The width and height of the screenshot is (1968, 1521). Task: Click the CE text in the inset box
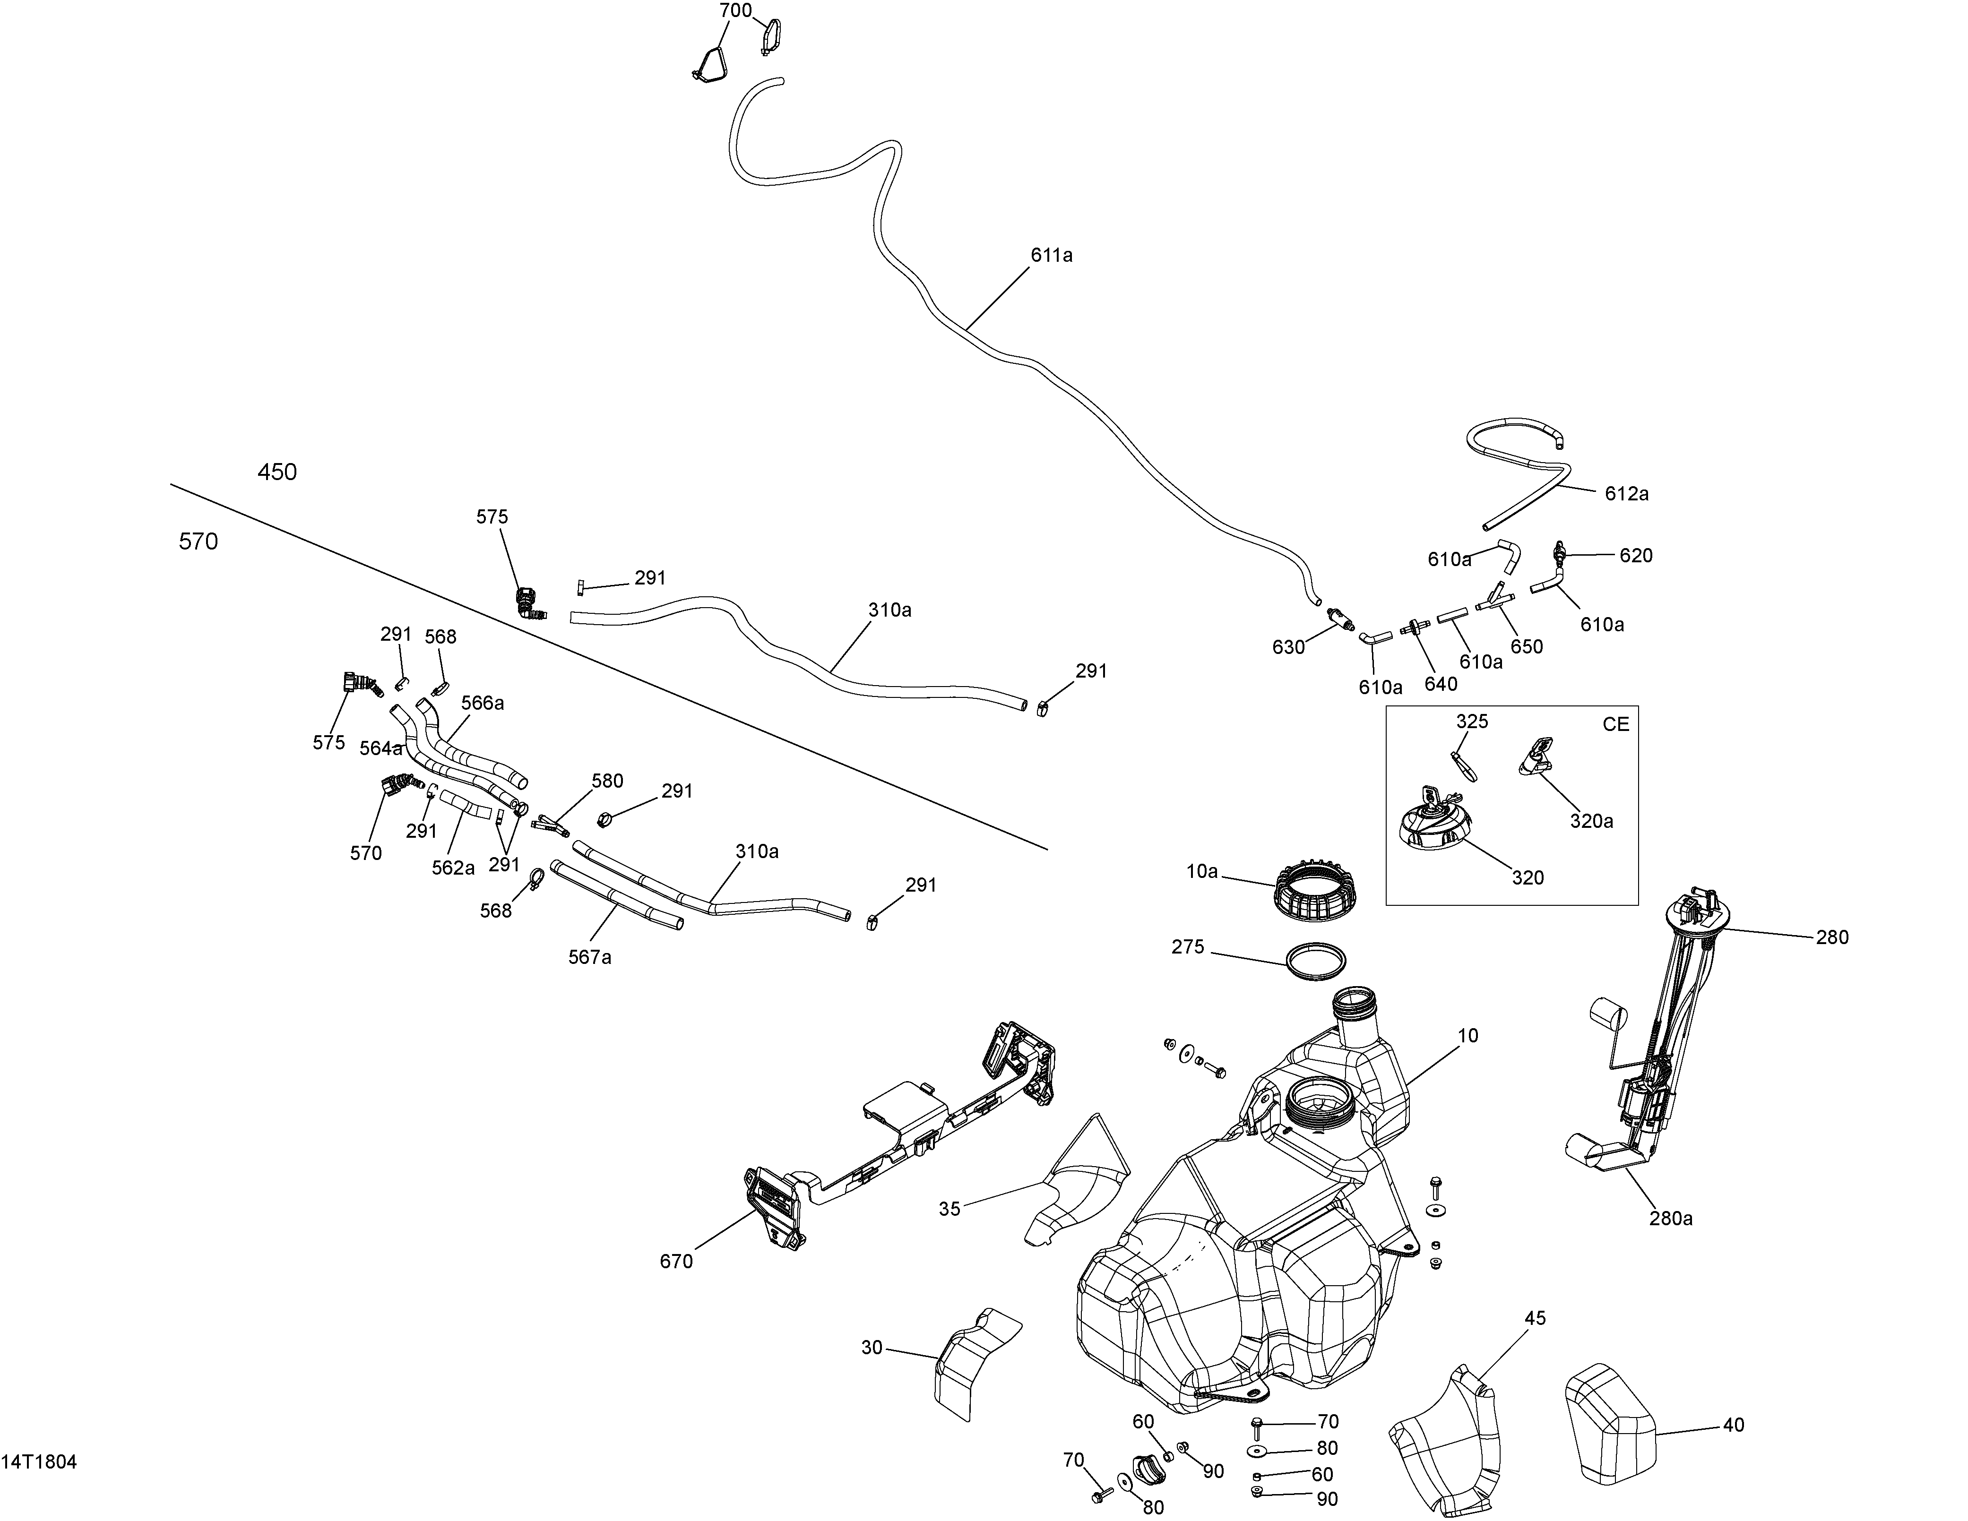coord(1616,724)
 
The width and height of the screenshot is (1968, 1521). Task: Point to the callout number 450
coord(276,472)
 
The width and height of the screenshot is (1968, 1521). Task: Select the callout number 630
coord(1288,647)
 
